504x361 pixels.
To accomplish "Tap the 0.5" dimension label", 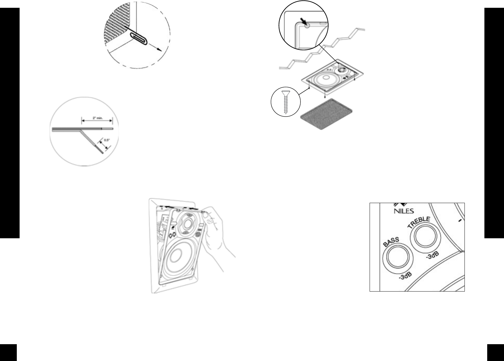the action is [x=107, y=140].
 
